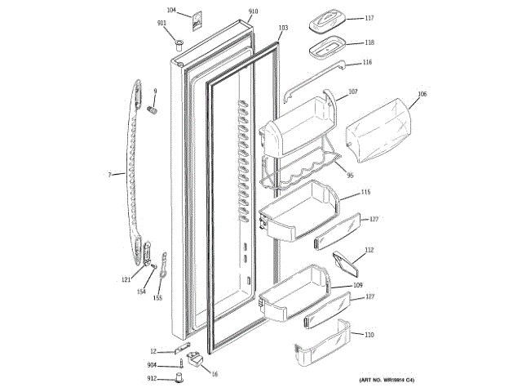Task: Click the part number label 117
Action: click(x=369, y=18)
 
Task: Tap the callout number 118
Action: click(x=369, y=42)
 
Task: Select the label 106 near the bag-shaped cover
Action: click(x=422, y=94)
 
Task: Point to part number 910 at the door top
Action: click(x=253, y=11)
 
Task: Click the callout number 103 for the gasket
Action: click(x=283, y=28)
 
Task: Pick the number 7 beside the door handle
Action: click(x=109, y=173)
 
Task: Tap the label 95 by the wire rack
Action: click(x=350, y=173)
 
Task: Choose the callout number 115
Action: click(x=366, y=192)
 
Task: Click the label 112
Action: click(x=369, y=250)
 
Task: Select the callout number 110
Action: click(x=369, y=335)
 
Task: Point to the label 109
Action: click(x=357, y=285)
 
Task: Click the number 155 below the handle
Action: click(x=157, y=297)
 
